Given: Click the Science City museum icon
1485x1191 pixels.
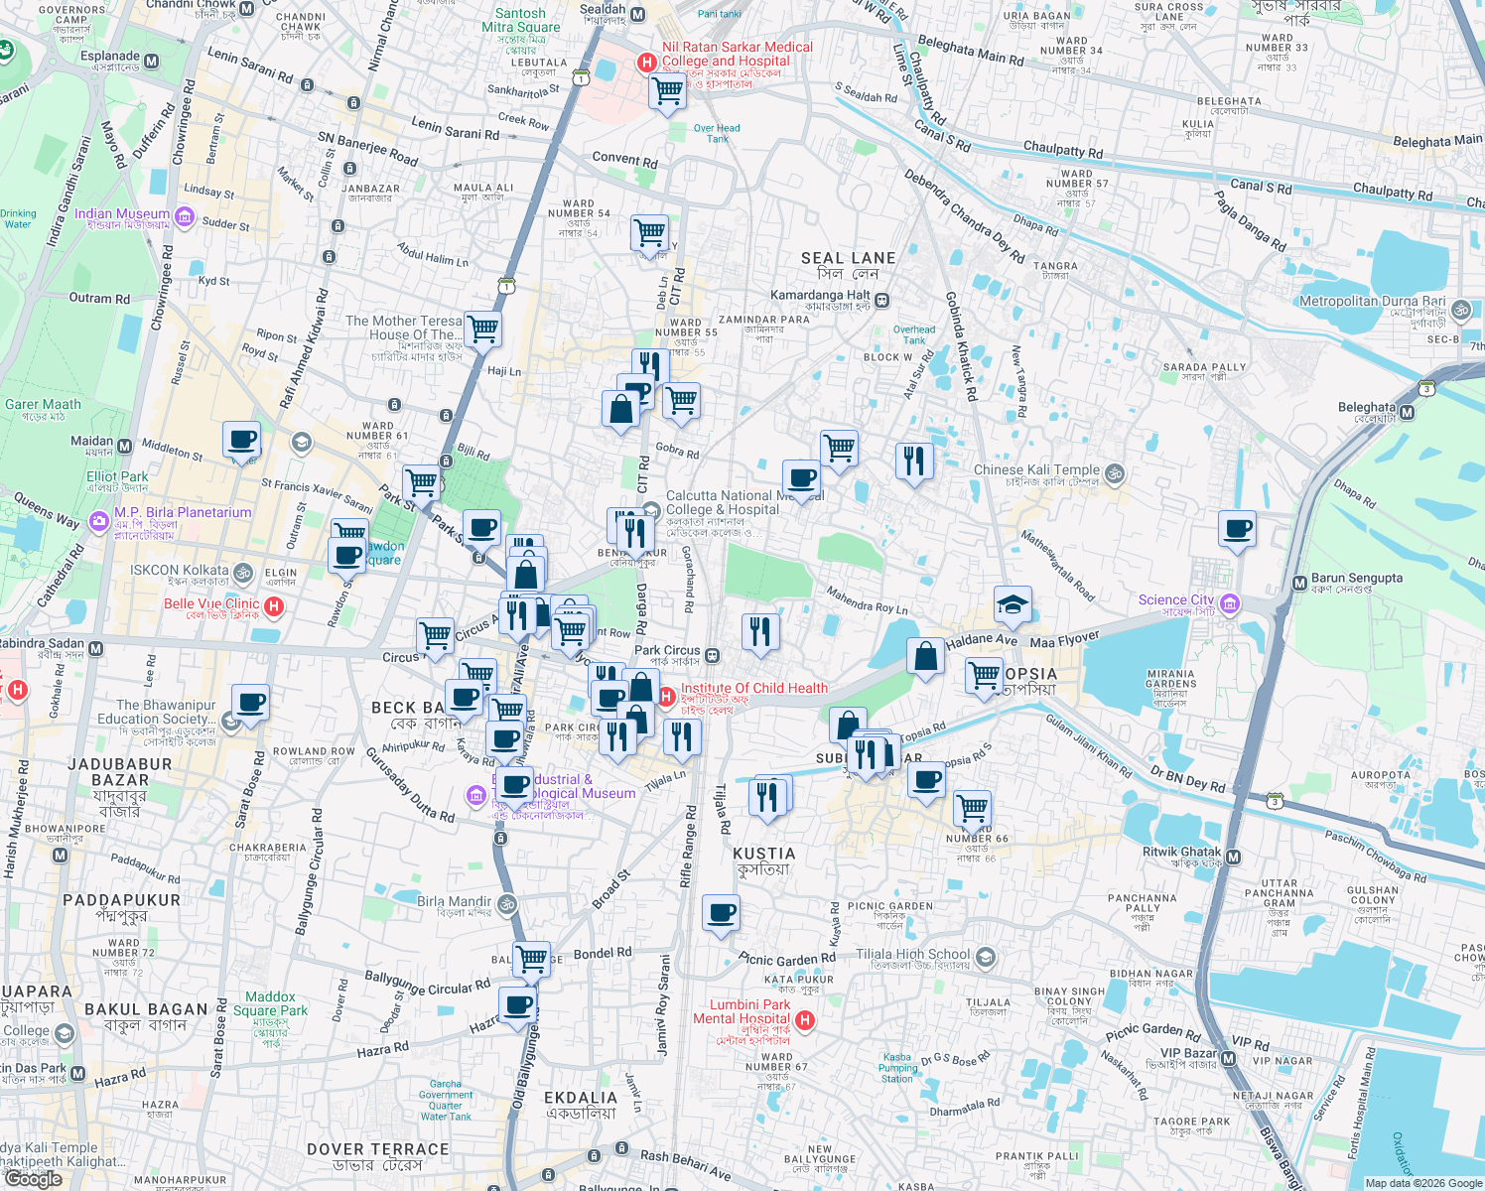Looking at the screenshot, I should [1230, 603].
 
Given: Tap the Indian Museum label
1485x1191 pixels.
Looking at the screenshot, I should [121, 213].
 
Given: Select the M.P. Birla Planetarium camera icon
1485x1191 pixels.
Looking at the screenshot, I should [98, 520].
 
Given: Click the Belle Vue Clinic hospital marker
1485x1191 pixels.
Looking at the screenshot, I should [275, 605].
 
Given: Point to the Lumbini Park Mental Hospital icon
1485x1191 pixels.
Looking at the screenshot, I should [805, 1019].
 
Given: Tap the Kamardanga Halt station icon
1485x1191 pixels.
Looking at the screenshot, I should [882, 301].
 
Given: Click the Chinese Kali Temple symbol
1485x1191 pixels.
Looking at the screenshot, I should [1115, 473].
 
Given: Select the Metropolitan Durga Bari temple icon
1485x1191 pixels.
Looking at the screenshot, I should [1460, 310].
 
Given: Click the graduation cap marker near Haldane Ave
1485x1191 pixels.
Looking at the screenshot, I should [1012, 604].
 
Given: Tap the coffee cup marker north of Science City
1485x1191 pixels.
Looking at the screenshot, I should [1237, 528].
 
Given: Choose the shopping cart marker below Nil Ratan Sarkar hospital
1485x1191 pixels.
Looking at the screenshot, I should [667, 92].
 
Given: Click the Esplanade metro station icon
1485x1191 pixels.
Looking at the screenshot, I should [152, 62].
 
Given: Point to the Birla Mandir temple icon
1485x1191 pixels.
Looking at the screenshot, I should [506, 904].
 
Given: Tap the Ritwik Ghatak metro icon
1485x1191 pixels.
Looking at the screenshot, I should [1233, 857].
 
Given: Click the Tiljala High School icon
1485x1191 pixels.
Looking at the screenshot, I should [985, 957].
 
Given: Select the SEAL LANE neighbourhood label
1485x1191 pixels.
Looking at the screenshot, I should [848, 258].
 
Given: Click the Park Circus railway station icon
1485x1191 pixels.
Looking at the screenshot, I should [712, 655].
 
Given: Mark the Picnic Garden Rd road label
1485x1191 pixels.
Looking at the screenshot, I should [787, 959].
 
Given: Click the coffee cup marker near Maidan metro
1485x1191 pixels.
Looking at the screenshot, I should [241, 439].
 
